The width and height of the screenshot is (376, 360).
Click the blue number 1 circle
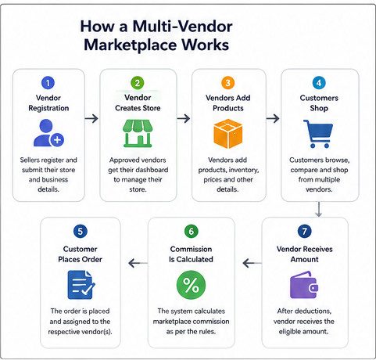48,83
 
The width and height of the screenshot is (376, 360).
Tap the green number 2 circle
138,83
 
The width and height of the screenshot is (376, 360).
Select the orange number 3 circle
227,83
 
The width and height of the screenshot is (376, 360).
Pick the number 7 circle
304,231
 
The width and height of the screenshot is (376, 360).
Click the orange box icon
228,134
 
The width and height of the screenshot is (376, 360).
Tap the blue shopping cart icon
318,134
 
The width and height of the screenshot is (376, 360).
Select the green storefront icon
138,134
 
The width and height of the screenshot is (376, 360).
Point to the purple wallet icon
304,285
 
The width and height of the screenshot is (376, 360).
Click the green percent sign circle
191,285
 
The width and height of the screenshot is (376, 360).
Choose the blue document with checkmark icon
81,285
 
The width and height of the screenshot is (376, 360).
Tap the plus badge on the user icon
57,140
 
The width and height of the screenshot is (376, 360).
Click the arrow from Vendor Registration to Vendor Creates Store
91,119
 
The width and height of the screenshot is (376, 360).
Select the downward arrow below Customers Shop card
318,209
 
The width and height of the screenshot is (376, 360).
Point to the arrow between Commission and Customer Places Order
138,263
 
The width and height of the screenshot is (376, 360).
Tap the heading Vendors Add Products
228,103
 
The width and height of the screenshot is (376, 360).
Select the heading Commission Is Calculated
191,254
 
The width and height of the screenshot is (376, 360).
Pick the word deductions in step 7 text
311,311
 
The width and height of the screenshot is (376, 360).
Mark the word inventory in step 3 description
244,170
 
